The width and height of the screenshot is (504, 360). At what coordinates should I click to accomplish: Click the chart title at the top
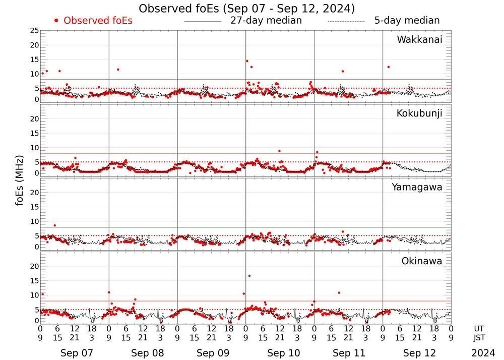[246, 8]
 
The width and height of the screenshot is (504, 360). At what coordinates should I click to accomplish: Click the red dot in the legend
[56, 21]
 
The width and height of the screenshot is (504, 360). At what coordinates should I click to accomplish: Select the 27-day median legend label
[266, 21]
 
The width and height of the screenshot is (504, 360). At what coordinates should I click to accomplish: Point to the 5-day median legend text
[407, 21]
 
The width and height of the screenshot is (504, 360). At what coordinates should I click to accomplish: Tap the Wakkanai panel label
[419, 40]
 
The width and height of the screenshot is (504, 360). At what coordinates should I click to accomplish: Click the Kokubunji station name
[419, 113]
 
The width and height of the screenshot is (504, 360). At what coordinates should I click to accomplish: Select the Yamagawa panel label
[417, 187]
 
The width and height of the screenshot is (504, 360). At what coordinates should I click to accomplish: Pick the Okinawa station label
[421, 261]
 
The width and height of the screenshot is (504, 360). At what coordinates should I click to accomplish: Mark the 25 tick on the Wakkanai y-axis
[34, 31]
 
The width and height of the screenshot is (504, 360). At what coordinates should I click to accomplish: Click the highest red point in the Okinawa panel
[249, 276]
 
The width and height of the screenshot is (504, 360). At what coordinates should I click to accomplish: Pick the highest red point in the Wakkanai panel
[247, 61]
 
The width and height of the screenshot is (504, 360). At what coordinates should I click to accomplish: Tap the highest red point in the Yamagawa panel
[54, 225]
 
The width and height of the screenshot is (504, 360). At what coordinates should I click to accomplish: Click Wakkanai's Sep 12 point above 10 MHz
[388, 67]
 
